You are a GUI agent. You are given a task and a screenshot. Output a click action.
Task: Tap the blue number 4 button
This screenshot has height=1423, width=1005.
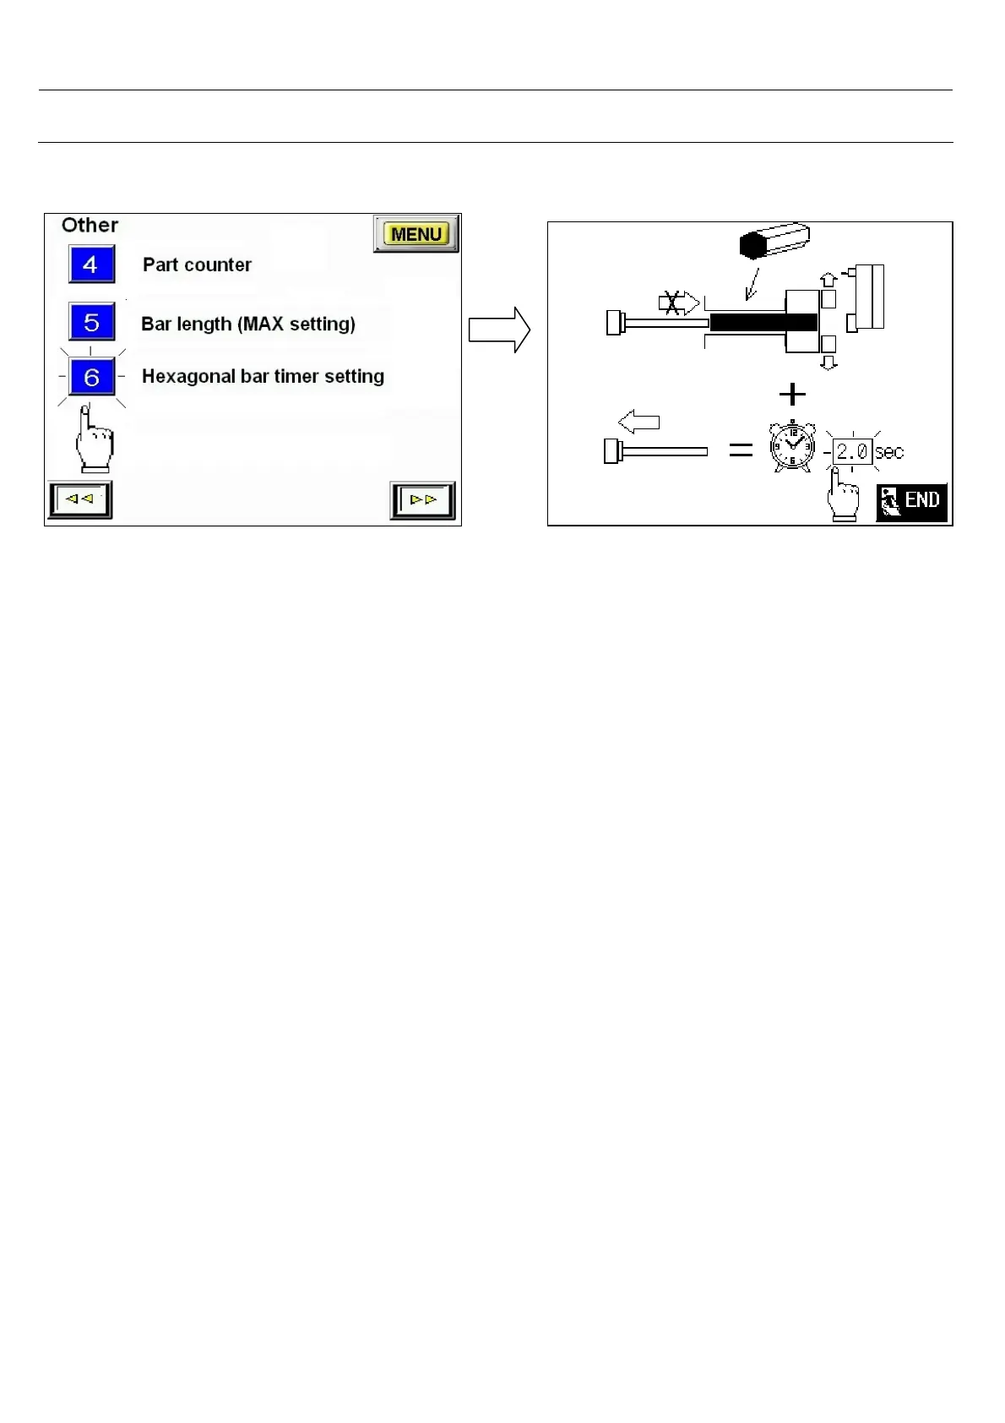coord(91,264)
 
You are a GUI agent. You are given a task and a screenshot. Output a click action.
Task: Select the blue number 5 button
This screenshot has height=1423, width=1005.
coord(91,322)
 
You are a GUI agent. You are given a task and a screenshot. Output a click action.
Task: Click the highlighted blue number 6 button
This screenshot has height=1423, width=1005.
coord(91,377)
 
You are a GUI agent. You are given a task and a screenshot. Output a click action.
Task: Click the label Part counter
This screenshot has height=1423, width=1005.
coord(197,264)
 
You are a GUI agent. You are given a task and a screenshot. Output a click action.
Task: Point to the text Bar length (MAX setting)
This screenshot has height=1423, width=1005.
coord(248,324)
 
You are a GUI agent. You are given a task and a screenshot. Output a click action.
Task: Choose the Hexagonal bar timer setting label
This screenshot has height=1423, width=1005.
coord(263,376)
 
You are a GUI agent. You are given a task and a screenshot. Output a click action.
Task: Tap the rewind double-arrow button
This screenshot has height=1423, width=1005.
coord(80,499)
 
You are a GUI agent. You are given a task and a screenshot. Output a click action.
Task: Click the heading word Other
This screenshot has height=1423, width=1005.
coord(90,225)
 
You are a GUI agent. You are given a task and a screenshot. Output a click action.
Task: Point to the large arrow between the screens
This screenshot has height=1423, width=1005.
coord(499,330)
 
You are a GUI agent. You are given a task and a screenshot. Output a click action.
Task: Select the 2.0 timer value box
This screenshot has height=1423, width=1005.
coord(852,451)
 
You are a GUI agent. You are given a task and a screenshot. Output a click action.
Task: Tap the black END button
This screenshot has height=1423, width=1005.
coord(911,502)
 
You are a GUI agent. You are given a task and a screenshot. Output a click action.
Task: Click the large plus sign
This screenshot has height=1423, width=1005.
coord(792,394)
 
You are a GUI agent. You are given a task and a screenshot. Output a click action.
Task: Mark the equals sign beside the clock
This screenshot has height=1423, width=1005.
coord(741,450)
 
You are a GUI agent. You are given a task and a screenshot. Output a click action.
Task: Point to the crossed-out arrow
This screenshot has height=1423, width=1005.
coord(678,303)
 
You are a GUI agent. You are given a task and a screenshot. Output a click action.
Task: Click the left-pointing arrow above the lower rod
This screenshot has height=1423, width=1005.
coord(638,421)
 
